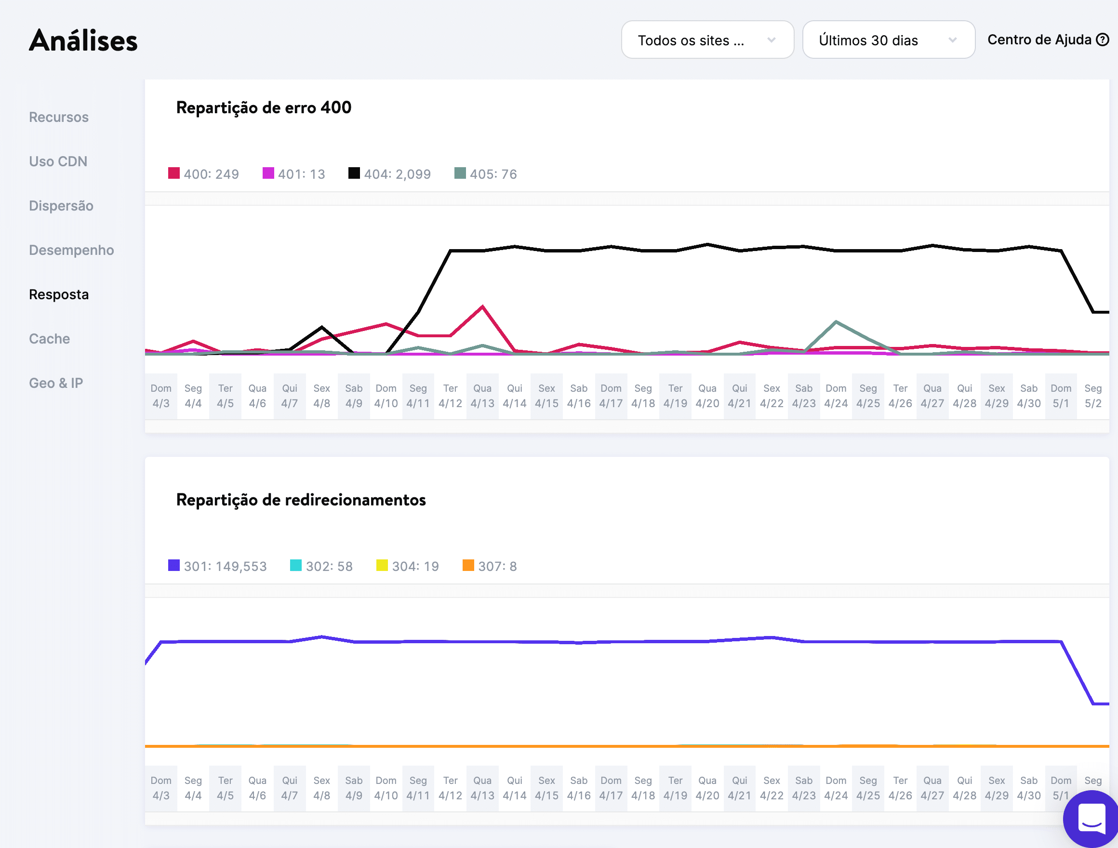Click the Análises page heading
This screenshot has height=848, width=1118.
pos(83,40)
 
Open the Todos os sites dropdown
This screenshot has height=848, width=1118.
pos(706,40)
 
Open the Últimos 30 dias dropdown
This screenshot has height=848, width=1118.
pos(888,40)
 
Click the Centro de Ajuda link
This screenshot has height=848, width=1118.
pos(1047,40)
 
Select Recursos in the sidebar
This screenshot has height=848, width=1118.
pos(59,117)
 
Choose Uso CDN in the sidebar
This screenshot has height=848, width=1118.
pos(58,162)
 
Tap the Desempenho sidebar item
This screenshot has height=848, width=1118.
pos(71,250)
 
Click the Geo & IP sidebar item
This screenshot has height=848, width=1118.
pos(55,383)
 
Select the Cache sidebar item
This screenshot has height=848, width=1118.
pos(50,339)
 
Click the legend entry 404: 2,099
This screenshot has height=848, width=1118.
pos(390,174)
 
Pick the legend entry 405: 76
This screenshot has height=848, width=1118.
pos(486,174)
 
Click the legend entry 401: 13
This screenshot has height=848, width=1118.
pos(293,174)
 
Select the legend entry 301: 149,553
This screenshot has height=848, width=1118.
pos(217,566)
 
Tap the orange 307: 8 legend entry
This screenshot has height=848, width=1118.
pos(490,566)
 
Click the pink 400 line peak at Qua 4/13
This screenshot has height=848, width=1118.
pos(483,306)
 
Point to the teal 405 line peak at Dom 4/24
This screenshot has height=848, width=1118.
pos(836,321)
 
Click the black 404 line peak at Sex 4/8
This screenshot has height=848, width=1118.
pos(322,327)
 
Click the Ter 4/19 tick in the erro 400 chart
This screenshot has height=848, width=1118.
pos(675,396)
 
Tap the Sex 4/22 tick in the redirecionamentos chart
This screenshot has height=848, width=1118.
pos(772,788)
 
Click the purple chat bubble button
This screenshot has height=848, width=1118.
pos(1091,819)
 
